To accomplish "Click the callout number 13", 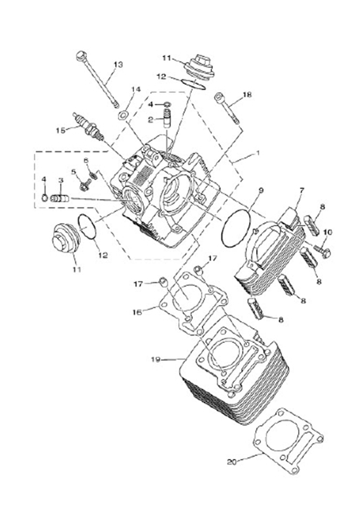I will [118, 64].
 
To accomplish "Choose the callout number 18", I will [247, 95].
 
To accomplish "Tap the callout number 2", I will [151, 120].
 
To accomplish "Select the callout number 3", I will [61, 181].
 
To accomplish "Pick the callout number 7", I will [302, 190].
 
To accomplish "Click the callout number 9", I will [260, 190].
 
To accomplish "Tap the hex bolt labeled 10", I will [321, 251].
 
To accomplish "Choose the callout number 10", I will [327, 232].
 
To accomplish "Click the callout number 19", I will [155, 360].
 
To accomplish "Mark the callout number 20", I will [231, 462].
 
